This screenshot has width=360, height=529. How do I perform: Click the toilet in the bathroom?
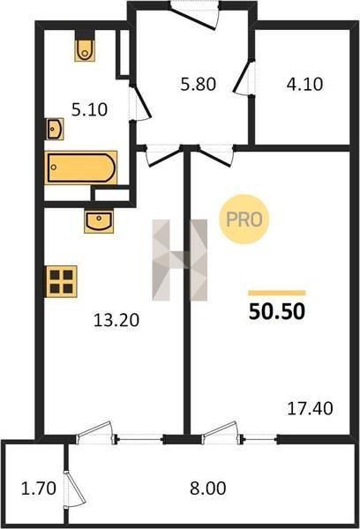[x=85, y=50]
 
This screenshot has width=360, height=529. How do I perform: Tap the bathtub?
[x=80, y=168]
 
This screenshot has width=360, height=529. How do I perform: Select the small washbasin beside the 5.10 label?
[x=55, y=129]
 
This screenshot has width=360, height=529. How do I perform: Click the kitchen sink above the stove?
[x=99, y=221]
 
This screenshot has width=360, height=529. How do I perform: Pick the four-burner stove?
[x=62, y=282]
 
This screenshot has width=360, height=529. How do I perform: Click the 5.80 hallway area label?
[x=199, y=84]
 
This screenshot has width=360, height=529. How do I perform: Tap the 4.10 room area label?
[x=304, y=84]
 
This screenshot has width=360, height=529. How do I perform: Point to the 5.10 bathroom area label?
[x=89, y=109]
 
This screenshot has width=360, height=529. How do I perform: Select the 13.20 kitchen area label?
[x=116, y=320]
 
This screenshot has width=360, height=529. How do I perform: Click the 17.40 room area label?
[x=310, y=408]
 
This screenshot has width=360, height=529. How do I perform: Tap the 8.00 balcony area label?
[x=207, y=488]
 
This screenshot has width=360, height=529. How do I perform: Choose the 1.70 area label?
[x=39, y=488]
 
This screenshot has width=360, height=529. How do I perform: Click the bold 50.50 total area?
[x=277, y=311]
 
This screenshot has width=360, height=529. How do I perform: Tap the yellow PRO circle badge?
[x=244, y=220]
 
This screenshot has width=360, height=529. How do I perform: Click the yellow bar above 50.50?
[x=277, y=293]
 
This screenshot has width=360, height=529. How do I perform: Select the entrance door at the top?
[x=194, y=15]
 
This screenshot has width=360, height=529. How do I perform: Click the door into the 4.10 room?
[x=244, y=77]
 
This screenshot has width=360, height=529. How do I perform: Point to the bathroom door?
[x=139, y=102]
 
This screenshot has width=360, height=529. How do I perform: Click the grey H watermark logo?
[x=180, y=260]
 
